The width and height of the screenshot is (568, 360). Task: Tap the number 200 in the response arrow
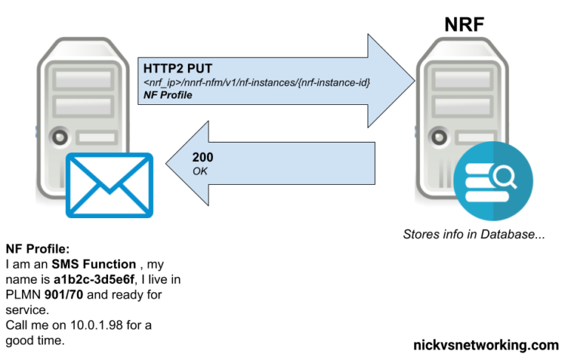pyautogui.click(x=203, y=157)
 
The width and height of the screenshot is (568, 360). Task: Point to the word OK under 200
pyautogui.click(x=200, y=171)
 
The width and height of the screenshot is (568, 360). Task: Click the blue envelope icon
pyautogui.click(x=109, y=185)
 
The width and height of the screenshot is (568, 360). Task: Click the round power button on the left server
pyautogui.click(x=58, y=137)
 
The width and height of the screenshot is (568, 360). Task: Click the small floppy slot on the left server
pyautogui.click(x=96, y=137)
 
